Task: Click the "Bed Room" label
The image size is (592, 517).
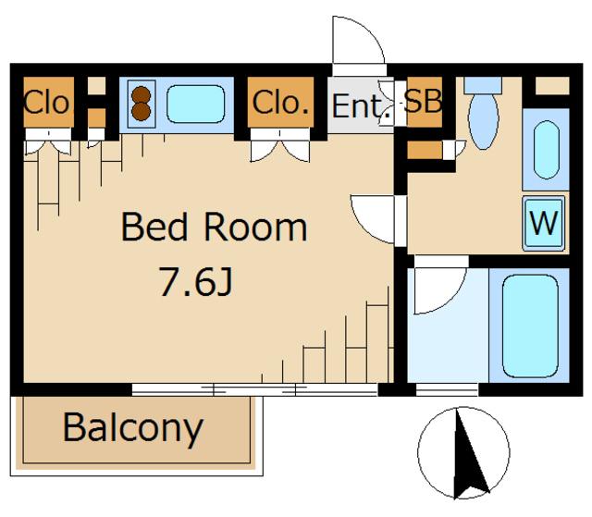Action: [214, 227]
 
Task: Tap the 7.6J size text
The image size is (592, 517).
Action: [195, 281]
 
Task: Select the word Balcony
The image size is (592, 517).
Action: [133, 428]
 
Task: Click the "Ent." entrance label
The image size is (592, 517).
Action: [361, 106]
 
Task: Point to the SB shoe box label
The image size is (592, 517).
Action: [424, 101]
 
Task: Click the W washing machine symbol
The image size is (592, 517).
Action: [544, 223]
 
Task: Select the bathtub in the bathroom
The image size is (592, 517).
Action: [530, 326]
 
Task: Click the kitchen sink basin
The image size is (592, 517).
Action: [195, 104]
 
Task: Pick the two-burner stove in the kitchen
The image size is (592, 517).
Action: [142, 104]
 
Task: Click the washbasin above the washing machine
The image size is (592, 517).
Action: [547, 150]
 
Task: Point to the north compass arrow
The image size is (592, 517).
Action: [468, 453]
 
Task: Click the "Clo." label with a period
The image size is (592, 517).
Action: [280, 103]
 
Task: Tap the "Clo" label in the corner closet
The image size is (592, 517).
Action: [47, 103]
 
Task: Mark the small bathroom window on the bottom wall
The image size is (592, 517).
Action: [447, 389]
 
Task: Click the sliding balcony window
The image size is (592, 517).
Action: [255, 389]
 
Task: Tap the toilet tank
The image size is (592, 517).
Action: [483, 85]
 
